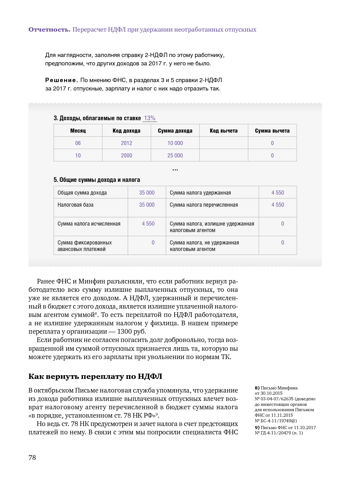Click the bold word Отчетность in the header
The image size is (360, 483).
(49, 30)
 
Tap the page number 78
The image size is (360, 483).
(32, 458)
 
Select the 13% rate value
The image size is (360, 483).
(150, 118)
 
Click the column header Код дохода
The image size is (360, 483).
(126, 131)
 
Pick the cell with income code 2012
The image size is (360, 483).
(126, 143)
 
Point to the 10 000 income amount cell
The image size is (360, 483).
(175, 143)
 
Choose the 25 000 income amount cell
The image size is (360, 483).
(175, 156)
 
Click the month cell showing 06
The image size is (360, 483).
(78, 143)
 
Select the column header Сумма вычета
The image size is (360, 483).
(272, 131)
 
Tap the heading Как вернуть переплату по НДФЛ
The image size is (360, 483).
(95, 376)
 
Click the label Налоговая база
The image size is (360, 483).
(76, 205)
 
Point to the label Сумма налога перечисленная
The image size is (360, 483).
(204, 205)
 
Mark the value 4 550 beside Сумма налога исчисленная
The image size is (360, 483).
(148, 224)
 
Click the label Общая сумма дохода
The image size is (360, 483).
(82, 193)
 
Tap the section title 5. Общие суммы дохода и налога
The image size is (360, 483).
(97, 180)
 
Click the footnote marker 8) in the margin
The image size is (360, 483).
(257, 388)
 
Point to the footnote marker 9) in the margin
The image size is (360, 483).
(257, 428)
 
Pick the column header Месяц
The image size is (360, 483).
(78, 131)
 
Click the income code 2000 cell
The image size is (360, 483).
(126, 156)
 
